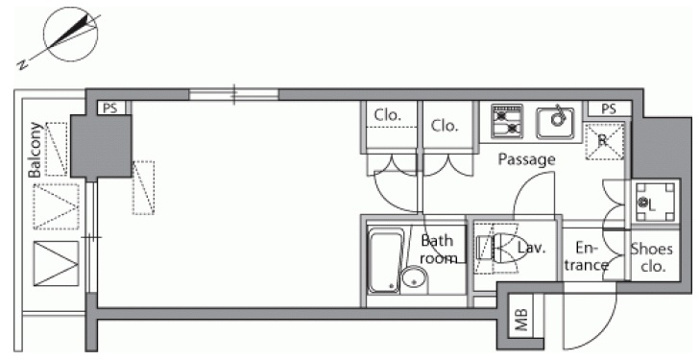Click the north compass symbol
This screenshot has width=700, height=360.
coord(70,34)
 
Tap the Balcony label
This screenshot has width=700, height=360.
coord(35,150)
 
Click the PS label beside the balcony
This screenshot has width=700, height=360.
coord(110,108)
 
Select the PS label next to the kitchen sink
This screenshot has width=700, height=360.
coord(608,109)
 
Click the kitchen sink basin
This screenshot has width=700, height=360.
coord(556,121)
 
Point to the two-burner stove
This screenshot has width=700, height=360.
coord(507,121)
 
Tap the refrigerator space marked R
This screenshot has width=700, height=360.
coord(603,141)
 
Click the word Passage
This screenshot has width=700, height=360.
coord(526,159)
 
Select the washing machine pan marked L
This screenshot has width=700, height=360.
coord(655,203)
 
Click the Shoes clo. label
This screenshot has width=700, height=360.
coord(651,258)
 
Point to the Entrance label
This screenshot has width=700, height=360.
coord(585,257)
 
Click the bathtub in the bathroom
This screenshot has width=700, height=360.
coord(385,261)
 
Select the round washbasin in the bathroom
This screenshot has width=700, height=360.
coord(414,280)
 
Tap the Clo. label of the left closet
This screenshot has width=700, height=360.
coord(387,116)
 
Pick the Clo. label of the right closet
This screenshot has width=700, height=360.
coord(445,126)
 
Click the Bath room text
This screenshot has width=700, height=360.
coord(437,249)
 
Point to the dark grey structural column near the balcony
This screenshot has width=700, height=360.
coord(101,146)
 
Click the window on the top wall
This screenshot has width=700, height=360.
coord(234,94)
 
